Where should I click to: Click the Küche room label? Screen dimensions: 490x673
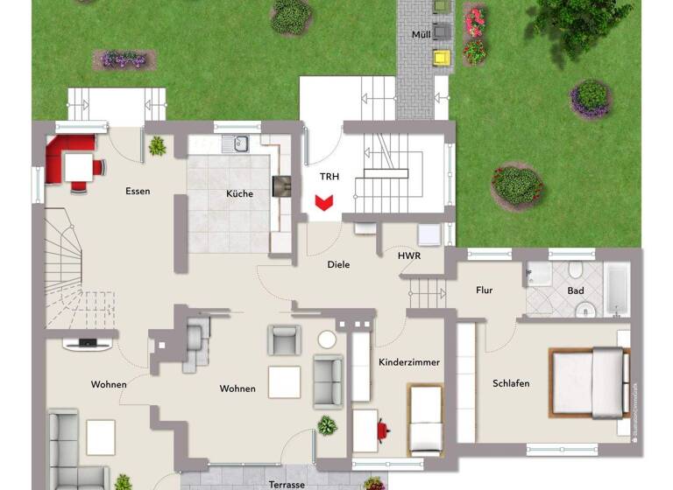239,193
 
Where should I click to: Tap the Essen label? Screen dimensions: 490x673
138,191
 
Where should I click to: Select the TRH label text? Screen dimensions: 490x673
329,177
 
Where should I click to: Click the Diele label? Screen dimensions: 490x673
338,264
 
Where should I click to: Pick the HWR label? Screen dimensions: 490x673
408,256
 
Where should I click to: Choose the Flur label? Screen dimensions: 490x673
484,290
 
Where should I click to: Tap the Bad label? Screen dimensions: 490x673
576,290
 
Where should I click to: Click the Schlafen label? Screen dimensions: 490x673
511,383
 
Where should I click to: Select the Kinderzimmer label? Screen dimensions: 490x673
408,361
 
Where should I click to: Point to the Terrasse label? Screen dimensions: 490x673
287,484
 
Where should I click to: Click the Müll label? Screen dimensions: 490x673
422,35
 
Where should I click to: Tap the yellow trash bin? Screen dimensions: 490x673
441,58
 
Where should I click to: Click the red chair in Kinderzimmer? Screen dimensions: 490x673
383,429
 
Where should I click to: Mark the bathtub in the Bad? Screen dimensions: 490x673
617,290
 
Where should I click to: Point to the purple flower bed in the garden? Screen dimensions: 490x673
124,59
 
